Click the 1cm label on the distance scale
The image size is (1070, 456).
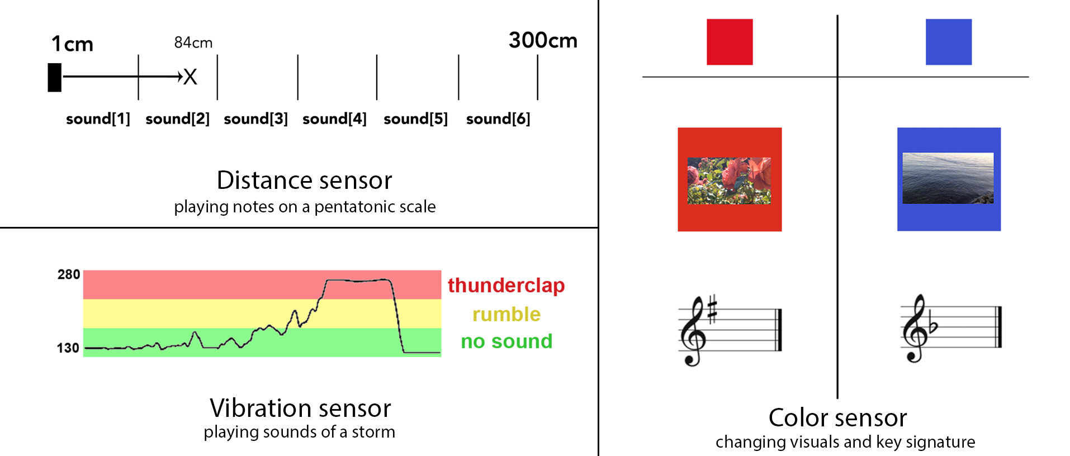(x=72, y=44)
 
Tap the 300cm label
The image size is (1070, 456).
(x=543, y=40)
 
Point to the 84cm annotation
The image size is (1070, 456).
(x=193, y=42)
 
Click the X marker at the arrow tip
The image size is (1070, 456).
(x=190, y=77)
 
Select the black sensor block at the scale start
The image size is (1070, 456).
(x=55, y=77)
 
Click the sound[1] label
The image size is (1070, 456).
(x=98, y=118)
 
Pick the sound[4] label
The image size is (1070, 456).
(x=334, y=118)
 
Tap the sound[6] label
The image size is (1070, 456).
(x=498, y=118)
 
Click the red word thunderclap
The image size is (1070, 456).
(x=506, y=285)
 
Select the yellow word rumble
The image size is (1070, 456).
(x=506, y=314)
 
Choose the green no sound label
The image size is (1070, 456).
(x=506, y=341)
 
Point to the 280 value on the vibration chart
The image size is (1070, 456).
(x=69, y=274)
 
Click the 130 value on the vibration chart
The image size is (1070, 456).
(x=68, y=348)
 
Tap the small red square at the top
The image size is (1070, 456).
(x=730, y=42)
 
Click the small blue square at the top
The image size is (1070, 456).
(x=949, y=42)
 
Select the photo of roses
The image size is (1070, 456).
(x=729, y=180)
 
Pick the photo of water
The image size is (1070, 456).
(x=948, y=178)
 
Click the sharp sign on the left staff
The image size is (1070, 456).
(x=712, y=310)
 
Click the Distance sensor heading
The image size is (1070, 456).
(x=305, y=180)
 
